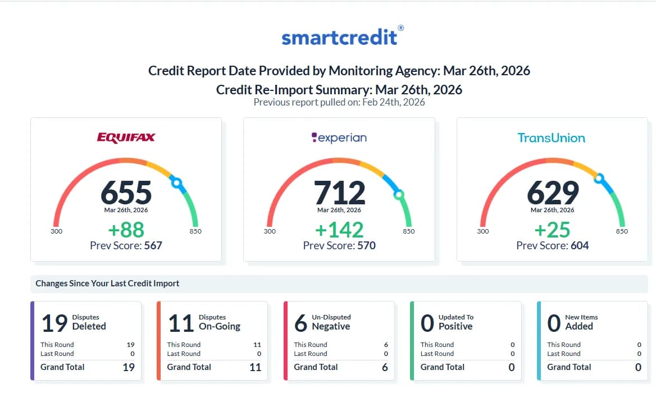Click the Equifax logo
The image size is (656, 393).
126,138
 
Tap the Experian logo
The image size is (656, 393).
339,138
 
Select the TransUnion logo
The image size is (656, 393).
551,138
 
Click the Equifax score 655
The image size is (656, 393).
126,193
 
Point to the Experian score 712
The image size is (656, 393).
339,193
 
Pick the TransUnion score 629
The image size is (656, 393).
553,193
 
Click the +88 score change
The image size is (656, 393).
126,230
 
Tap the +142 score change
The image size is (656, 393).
339,230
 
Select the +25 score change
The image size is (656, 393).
553,230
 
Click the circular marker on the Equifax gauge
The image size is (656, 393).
177,182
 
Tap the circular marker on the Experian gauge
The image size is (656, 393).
399,195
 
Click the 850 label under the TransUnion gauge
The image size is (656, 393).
622,231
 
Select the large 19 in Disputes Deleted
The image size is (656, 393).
55,323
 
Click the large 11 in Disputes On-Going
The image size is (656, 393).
181,323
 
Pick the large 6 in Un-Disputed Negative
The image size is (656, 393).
301,323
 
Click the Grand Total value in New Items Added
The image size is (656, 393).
638,367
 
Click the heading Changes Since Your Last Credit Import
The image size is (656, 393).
107,284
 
